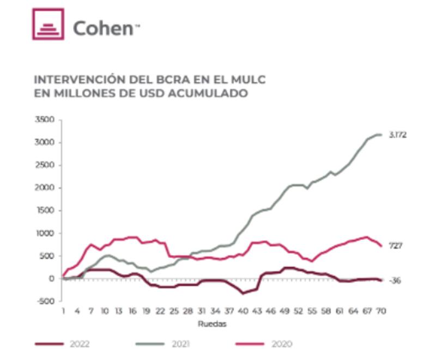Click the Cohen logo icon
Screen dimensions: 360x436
[48, 24]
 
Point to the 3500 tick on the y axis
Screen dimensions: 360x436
[46, 120]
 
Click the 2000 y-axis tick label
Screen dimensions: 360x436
[46, 188]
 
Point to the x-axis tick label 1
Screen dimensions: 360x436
[64, 312]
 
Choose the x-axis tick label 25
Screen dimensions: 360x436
[174, 312]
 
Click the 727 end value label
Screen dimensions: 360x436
[396, 246]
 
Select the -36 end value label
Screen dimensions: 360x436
[395, 280]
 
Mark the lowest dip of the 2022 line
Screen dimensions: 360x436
[243, 294]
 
